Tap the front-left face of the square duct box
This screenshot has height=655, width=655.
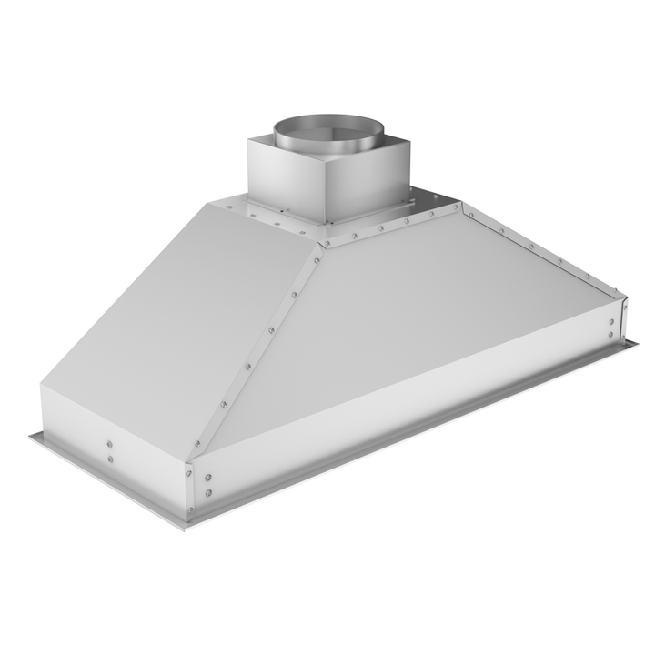[x=285, y=177]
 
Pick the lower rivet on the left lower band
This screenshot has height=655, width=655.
[x=109, y=459]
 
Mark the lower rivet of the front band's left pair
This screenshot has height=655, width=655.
[x=208, y=492]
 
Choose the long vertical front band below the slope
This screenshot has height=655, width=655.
[x=409, y=409]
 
